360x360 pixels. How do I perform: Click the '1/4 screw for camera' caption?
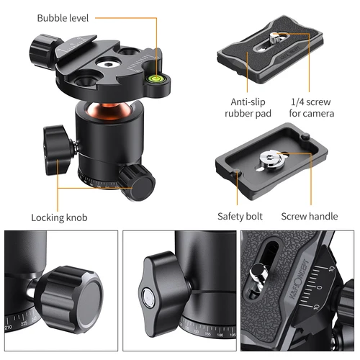pyautogui.click(x=310, y=109)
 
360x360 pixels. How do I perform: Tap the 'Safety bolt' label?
pyautogui.click(x=240, y=216)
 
